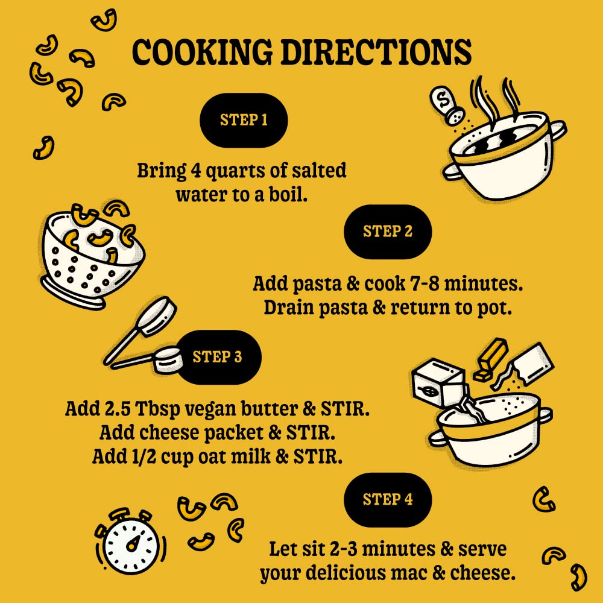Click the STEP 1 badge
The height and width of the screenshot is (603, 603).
coord(244,120)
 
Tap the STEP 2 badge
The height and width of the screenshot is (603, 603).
coord(388,232)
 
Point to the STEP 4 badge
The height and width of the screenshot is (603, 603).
coord(388,499)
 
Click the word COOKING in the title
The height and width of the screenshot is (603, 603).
coord(202,52)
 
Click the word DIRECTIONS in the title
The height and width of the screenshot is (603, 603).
coord(376,52)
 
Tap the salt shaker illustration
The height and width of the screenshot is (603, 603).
coord(447,104)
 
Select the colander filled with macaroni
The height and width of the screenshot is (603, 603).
coord(92,256)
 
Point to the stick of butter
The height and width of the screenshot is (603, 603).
coord(491,359)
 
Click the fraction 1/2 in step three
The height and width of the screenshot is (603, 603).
coord(144,456)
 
